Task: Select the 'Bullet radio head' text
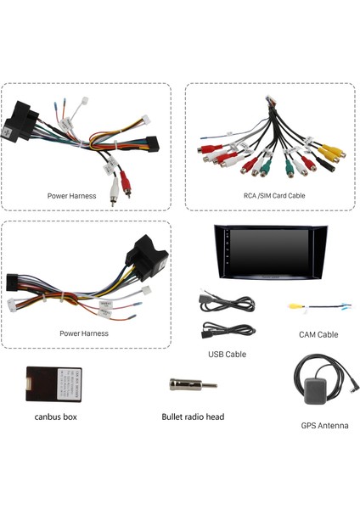193,417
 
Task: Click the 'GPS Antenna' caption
324,425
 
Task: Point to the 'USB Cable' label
227,354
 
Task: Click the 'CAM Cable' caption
318,334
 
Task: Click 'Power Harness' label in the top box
72,196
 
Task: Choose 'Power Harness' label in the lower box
84,333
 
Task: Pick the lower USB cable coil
228,330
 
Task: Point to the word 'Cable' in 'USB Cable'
235,354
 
